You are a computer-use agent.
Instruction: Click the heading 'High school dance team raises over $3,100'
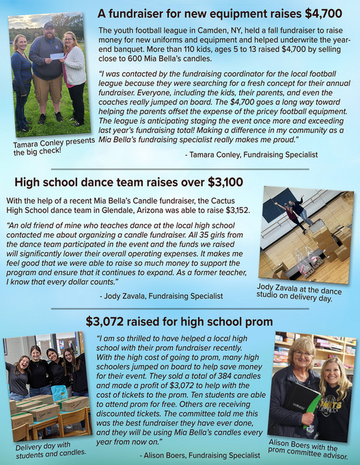click(x=128, y=182)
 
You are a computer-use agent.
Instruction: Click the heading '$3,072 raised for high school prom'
click(x=179, y=320)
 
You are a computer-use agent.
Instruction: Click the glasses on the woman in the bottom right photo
click(x=303, y=354)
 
